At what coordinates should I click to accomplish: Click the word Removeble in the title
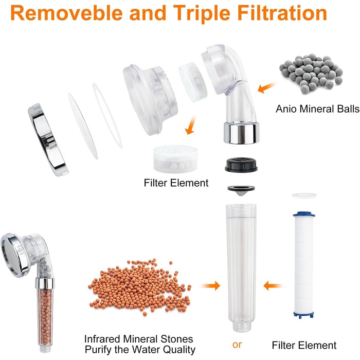pos(66,13)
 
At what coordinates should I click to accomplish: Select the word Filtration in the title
pos(282,13)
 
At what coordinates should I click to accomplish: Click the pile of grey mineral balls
pos(311,74)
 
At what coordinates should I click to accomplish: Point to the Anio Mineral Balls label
pos(317,109)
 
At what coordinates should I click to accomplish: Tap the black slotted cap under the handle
pos(241,165)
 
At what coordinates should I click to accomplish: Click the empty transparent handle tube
pos(241,267)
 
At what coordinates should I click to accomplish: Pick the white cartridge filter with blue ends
pos(304,265)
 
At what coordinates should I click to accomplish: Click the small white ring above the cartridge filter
pos(304,195)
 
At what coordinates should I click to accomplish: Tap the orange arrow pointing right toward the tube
pos(210,285)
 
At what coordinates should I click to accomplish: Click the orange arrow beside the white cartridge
pos(273,286)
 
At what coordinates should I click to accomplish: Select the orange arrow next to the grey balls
pos(266,88)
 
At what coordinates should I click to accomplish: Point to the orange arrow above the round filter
pos(191,125)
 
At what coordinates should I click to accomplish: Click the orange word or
pos(237,345)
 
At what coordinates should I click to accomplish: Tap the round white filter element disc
pos(175,158)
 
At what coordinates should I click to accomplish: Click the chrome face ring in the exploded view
pos(48,139)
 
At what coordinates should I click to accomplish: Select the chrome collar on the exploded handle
pos(241,133)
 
